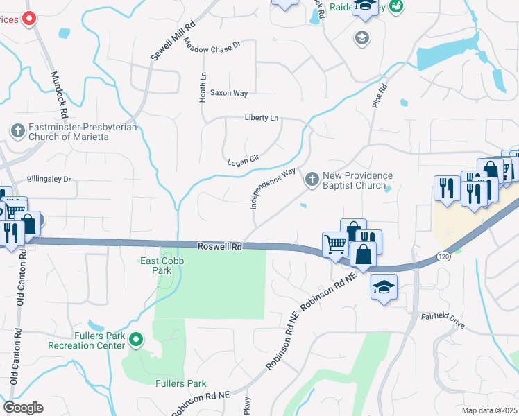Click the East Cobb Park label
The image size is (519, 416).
(151, 266)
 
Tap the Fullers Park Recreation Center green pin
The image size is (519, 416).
(137, 340)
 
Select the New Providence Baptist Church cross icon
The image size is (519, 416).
(312, 180)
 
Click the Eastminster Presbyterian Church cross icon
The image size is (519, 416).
(17, 130)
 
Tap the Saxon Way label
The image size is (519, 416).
(228, 93)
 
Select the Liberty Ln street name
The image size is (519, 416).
(261, 118)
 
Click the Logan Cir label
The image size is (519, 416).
(243, 161)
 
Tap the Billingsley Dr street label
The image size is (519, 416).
(49, 179)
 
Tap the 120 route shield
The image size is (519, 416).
(442, 256)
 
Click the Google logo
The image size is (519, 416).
(23, 408)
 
